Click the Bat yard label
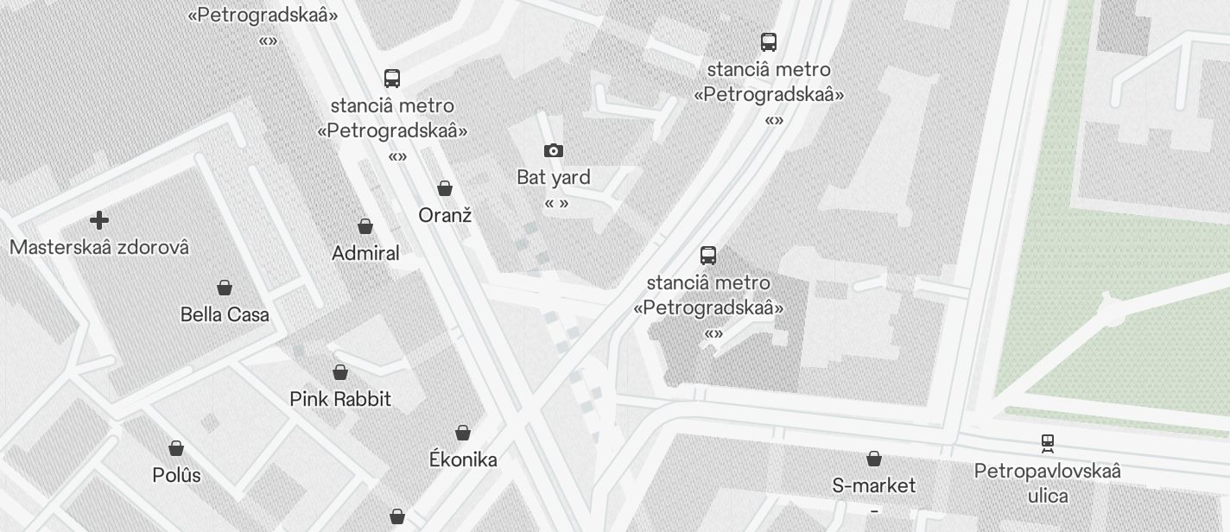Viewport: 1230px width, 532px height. point(554,178)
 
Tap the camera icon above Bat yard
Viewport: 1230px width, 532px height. point(554,151)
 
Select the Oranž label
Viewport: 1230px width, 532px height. point(445,215)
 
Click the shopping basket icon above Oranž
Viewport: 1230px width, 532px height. point(445,188)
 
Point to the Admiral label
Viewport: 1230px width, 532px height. point(365,253)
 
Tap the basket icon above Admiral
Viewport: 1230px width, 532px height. point(365,226)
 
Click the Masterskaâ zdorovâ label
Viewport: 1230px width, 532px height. point(99,247)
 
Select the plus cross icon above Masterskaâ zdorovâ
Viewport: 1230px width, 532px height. point(99,220)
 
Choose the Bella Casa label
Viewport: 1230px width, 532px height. point(225,314)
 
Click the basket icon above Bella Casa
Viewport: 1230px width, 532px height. point(225,288)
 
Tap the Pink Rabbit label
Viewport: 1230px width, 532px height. point(340,399)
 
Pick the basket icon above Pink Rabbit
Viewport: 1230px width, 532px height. point(340,372)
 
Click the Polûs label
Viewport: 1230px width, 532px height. point(176,475)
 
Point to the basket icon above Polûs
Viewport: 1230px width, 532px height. point(176,448)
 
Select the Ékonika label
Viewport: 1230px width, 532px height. point(463,459)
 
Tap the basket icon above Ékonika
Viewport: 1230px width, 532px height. point(463,433)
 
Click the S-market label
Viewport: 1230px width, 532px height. point(874,485)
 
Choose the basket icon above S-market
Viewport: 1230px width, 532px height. point(874,459)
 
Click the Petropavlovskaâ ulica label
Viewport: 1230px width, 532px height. point(1048,483)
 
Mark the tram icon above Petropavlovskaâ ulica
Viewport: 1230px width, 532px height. point(1048,444)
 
